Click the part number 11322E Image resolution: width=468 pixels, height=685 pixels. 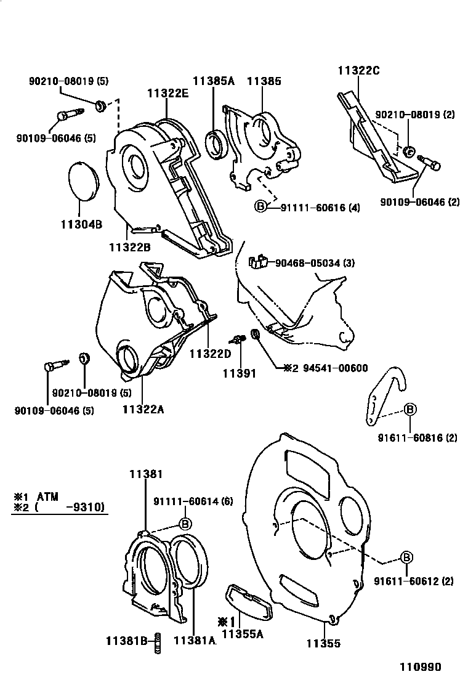(167, 94)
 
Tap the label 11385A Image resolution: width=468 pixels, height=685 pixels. (214, 81)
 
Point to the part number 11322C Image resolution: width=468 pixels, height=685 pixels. (358, 71)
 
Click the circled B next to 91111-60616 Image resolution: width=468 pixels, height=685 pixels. (260, 207)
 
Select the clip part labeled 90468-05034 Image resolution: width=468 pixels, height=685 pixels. (257, 262)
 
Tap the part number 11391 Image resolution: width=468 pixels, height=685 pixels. (238, 373)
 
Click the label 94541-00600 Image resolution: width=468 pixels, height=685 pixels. (335, 368)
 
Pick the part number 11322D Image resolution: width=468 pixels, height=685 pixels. (209, 354)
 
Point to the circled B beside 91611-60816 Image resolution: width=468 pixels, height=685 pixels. (410, 409)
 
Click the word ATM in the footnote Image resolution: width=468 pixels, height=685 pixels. (49, 496)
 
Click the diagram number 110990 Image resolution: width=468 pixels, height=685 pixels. (422, 667)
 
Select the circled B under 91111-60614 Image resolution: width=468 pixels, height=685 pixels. (184, 523)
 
